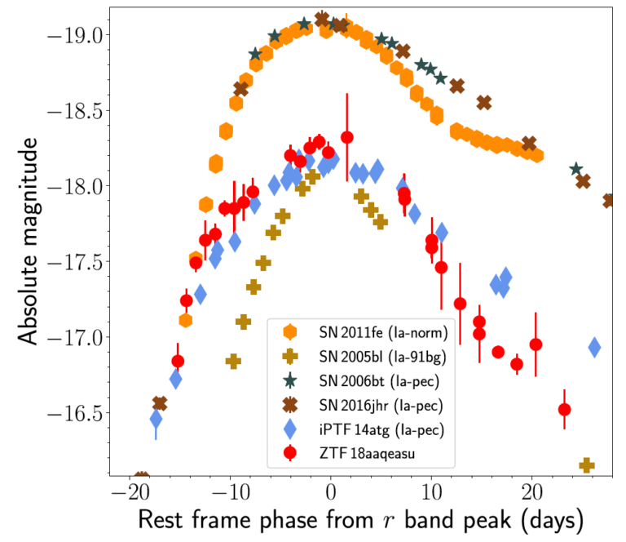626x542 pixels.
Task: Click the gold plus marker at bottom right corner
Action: (586, 465)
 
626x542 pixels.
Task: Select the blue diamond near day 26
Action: (594, 347)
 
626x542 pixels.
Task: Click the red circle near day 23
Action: (564, 409)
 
